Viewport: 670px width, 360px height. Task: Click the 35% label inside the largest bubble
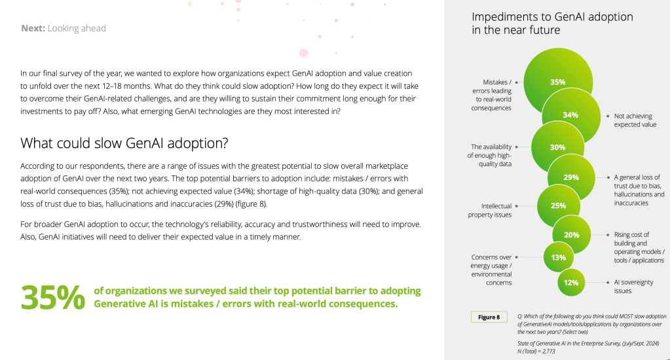pyautogui.click(x=557, y=82)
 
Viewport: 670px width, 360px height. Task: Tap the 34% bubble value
pyautogui.click(x=570, y=115)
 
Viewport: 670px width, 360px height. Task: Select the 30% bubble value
pyautogui.click(x=557, y=147)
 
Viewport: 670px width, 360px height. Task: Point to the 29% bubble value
pyautogui.click(x=571, y=177)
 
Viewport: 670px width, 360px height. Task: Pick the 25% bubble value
pyautogui.click(x=558, y=206)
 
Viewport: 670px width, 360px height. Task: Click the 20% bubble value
pyautogui.click(x=572, y=235)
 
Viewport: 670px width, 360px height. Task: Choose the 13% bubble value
pyautogui.click(x=559, y=257)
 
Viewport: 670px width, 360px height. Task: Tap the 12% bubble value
pyautogui.click(x=571, y=283)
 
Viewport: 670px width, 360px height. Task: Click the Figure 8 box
pyautogui.click(x=489, y=317)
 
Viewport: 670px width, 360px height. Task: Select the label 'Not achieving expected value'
pyautogui.click(x=635, y=120)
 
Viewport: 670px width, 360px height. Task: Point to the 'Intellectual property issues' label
pyautogui.click(x=490, y=211)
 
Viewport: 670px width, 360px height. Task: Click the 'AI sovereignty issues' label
pyautogui.click(x=634, y=287)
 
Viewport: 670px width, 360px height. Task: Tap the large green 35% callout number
pyautogui.click(x=53, y=297)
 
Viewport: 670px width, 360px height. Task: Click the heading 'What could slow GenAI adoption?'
pyautogui.click(x=124, y=143)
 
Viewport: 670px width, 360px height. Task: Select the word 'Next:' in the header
pyautogui.click(x=33, y=28)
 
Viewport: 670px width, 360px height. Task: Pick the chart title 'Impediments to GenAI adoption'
pyautogui.click(x=552, y=16)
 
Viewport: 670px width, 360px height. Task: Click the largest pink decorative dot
pyautogui.click(x=303, y=53)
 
